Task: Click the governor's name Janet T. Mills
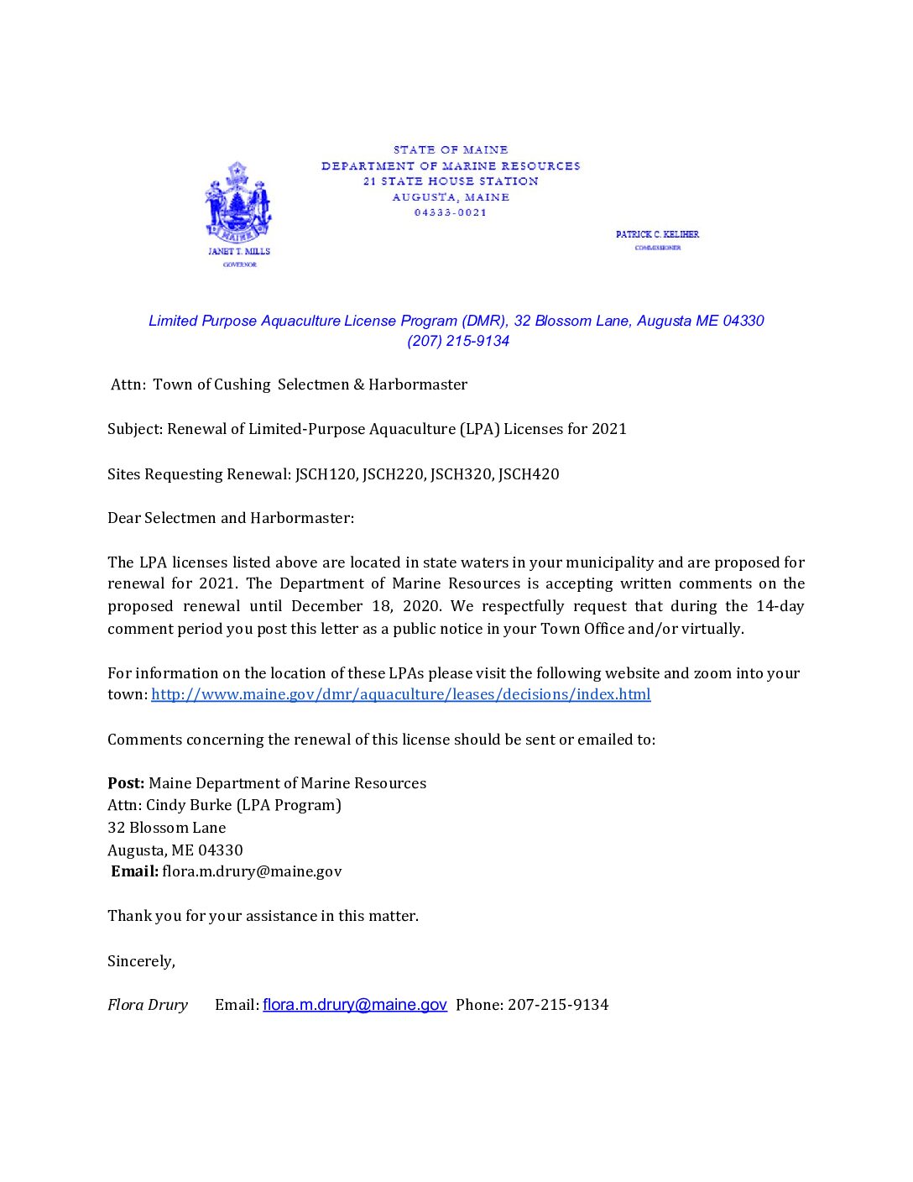(239, 251)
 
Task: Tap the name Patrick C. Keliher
(657, 234)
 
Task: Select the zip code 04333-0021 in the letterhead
(451, 212)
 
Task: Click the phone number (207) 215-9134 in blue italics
(458, 341)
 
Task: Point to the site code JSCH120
(326, 474)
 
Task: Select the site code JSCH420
(529, 474)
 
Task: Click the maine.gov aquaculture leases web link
(400, 694)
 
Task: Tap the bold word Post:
(126, 783)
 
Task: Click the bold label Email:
(135, 871)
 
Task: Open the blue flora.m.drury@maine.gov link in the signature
(354, 1005)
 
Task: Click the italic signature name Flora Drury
(148, 1005)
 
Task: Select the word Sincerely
(140, 961)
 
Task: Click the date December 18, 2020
(366, 606)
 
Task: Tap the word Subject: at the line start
(135, 429)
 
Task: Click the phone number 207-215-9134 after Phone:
(558, 1005)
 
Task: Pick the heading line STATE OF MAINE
(451, 150)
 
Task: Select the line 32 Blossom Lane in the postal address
(167, 828)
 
